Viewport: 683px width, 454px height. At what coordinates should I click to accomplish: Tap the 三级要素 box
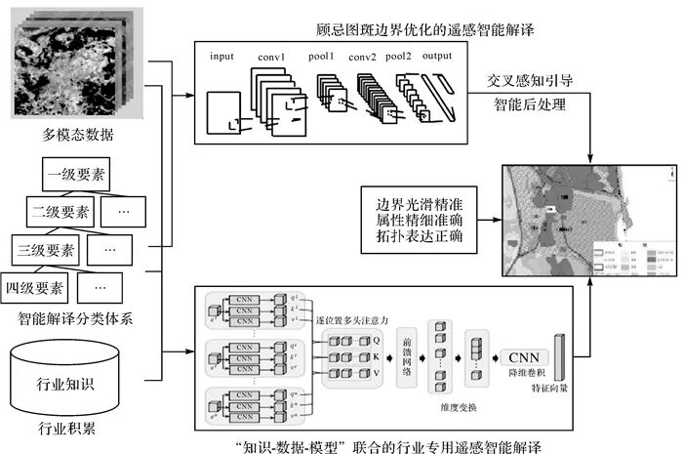[47, 250]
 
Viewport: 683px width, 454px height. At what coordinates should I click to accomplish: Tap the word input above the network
[222, 56]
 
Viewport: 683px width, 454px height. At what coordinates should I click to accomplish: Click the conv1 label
[271, 56]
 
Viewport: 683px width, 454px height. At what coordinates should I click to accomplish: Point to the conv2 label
[363, 56]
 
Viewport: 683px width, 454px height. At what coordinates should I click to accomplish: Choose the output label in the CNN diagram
[437, 56]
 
